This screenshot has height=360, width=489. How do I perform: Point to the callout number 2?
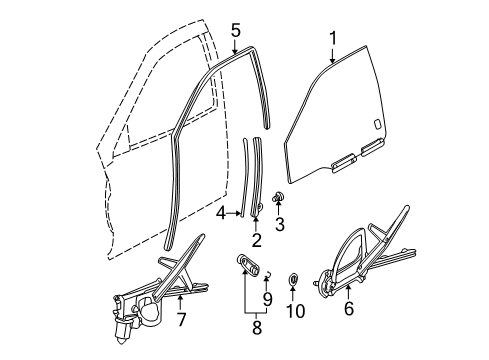(258, 239)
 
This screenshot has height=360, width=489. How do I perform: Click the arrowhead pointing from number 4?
(239, 212)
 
